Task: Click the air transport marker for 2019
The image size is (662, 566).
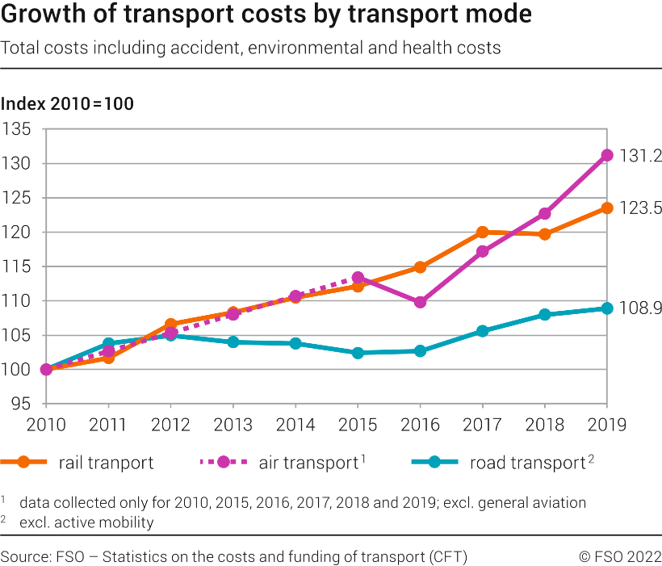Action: tap(606, 155)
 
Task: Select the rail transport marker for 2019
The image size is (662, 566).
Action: tap(606, 208)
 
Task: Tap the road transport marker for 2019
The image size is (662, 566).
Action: tap(606, 308)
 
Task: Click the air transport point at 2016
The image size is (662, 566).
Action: tap(420, 302)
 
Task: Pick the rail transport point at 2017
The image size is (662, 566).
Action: tap(482, 233)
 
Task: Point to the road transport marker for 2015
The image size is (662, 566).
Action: tap(358, 353)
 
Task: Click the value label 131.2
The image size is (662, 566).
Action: tap(641, 156)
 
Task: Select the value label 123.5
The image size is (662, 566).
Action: tap(641, 208)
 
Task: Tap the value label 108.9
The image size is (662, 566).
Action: tap(641, 308)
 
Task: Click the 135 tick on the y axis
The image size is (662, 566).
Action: tap(17, 129)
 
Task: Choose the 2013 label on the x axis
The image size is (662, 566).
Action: tap(233, 423)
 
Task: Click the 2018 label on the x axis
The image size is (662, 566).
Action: tap(544, 423)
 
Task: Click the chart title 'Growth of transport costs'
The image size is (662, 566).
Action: tap(266, 15)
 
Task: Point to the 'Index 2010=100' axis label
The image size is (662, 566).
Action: tap(67, 104)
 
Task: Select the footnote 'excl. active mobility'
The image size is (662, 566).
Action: tap(86, 522)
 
